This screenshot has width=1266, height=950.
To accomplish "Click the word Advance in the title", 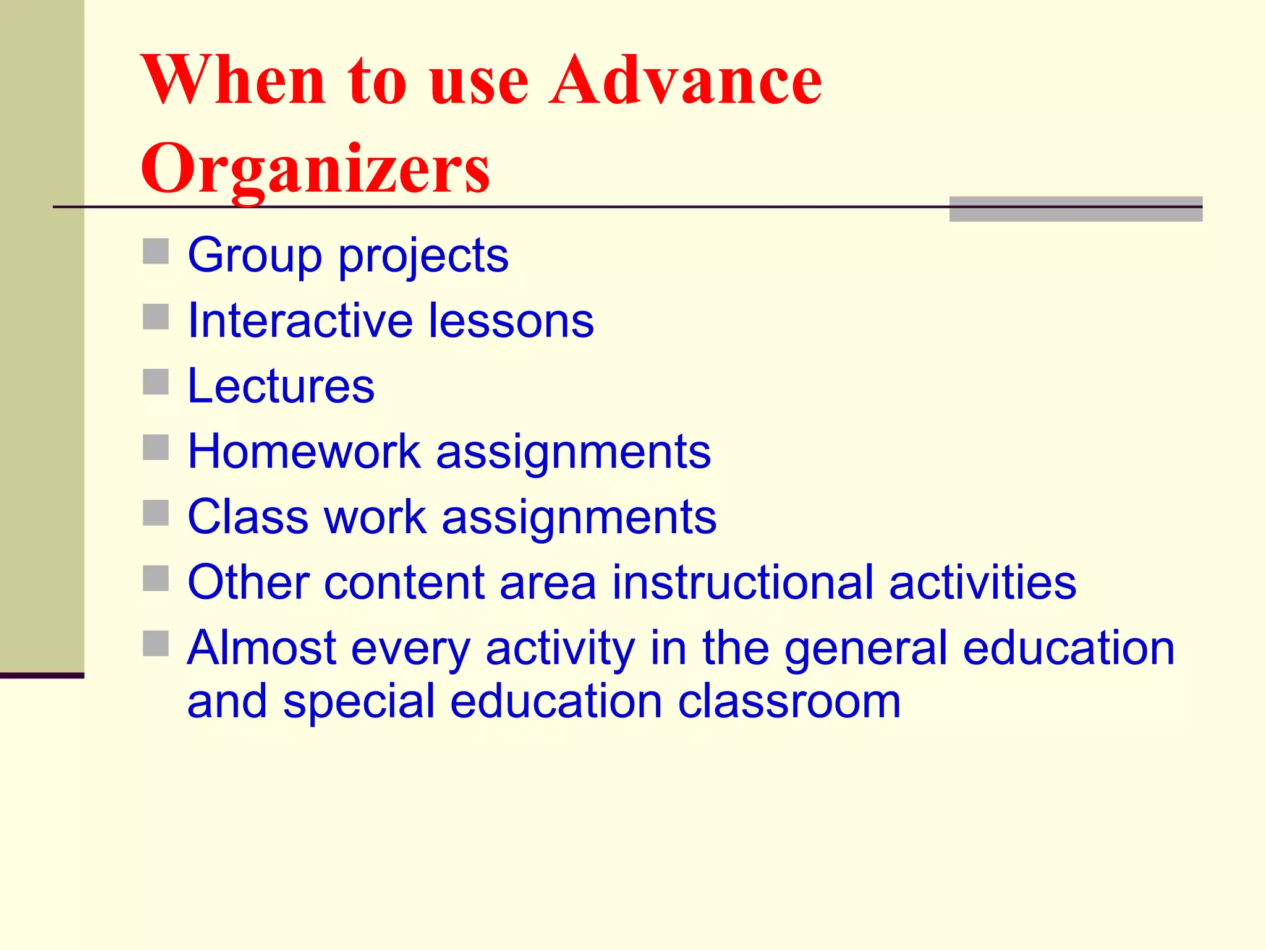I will (x=686, y=80).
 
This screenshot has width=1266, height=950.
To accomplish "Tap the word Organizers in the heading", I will (x=315, y=168).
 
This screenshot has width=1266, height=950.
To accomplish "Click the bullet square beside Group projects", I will (x=156, y=252).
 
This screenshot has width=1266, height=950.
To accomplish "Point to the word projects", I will (x=423, y=256).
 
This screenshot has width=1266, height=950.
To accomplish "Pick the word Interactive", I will (x=300, y=320).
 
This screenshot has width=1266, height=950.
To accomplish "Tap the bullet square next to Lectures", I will (x=156, y=382).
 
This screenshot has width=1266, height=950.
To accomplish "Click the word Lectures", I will (x=281, y=386).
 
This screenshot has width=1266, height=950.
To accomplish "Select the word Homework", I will (x=304, y=451).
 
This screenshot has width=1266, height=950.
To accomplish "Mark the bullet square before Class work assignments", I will (x=156, y=513).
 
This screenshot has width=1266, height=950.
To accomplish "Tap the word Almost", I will (x=261, y=648).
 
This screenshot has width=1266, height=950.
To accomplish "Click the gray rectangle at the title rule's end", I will (x=1076, y=209).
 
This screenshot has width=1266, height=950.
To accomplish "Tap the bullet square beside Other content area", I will (x=156, y=579).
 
